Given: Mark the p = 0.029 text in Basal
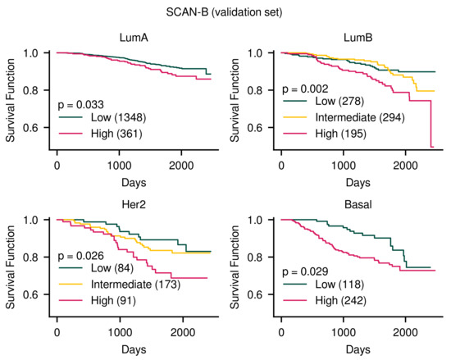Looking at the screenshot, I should tap(306, 271).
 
